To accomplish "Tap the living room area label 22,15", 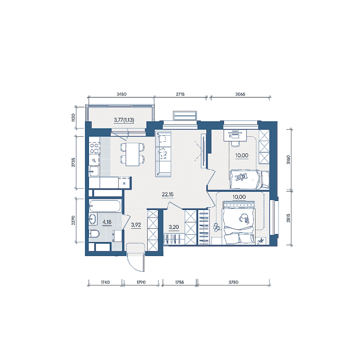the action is pyautogui.click(x=168, y=195).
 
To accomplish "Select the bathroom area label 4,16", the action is pyautogui.click(x=107, y=222).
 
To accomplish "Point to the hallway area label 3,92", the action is pyautogui.click(x=136, y=225).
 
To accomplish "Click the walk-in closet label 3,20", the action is pyautogui.click(x=173, y=227).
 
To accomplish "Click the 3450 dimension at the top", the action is pyautogui.click(x=121, y=94).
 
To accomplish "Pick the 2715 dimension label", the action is pyautogui.click(x=180, y=94).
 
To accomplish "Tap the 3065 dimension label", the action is pyautogui.click(x=240, y=94).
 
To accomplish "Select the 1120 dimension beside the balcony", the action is pyautogui.click(x=74, y=118).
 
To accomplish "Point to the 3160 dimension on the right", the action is pyautogui.click(x=288, y=159).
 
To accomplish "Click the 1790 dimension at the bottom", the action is pyautogui.click(x=141, y=282).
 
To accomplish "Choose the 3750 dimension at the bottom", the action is pyautogui.click(x=233, y=282).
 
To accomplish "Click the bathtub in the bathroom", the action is pyautogui.click(x=105, y=206).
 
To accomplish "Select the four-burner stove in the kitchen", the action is pyautogui.click(x=94, y=148).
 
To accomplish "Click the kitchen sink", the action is pyautogui.click(x=94, y=171).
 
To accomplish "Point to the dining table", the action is pyautogui.click(x=133, y=154).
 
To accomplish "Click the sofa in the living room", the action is pyautogui.click(x=163, y=154).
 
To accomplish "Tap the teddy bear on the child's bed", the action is pyautogui.click(x=241, y=177).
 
